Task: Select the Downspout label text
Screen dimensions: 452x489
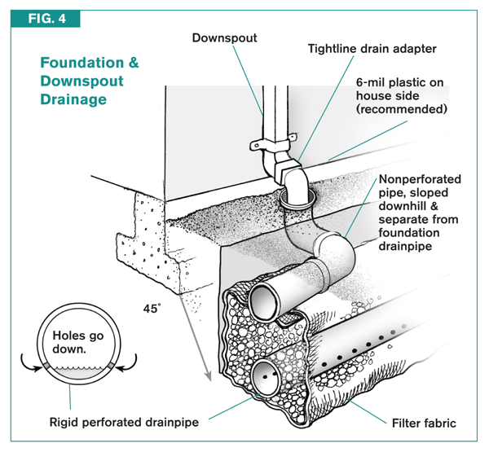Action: [224, 37]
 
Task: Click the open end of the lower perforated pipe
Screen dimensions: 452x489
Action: [266, 377]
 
